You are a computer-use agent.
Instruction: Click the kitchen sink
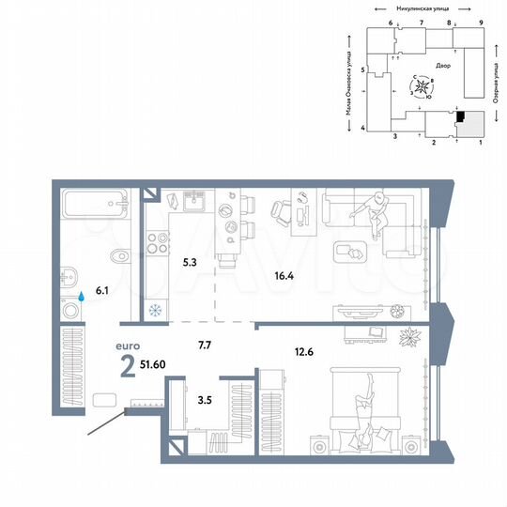(194, 200)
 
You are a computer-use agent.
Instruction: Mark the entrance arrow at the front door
(104, 425)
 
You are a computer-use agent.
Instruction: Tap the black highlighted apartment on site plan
(460, 115)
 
